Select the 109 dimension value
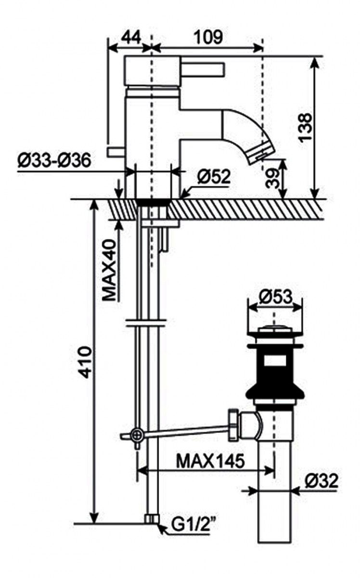point(208,37)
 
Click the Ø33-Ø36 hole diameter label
point(54,161)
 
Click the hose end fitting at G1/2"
point(152,519)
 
